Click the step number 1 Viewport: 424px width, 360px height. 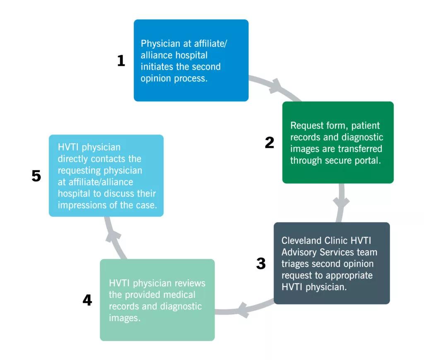pos(121,60)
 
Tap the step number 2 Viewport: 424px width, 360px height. pos(269,142)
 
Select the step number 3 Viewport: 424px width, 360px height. pos(261,263)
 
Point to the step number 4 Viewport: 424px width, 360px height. pos(87,300)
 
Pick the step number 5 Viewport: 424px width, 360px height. pos(36,176)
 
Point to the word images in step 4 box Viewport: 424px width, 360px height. pos(125,318)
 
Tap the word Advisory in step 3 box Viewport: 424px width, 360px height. pos(299,252)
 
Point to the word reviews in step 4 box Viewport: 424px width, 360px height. pos(190,283)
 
